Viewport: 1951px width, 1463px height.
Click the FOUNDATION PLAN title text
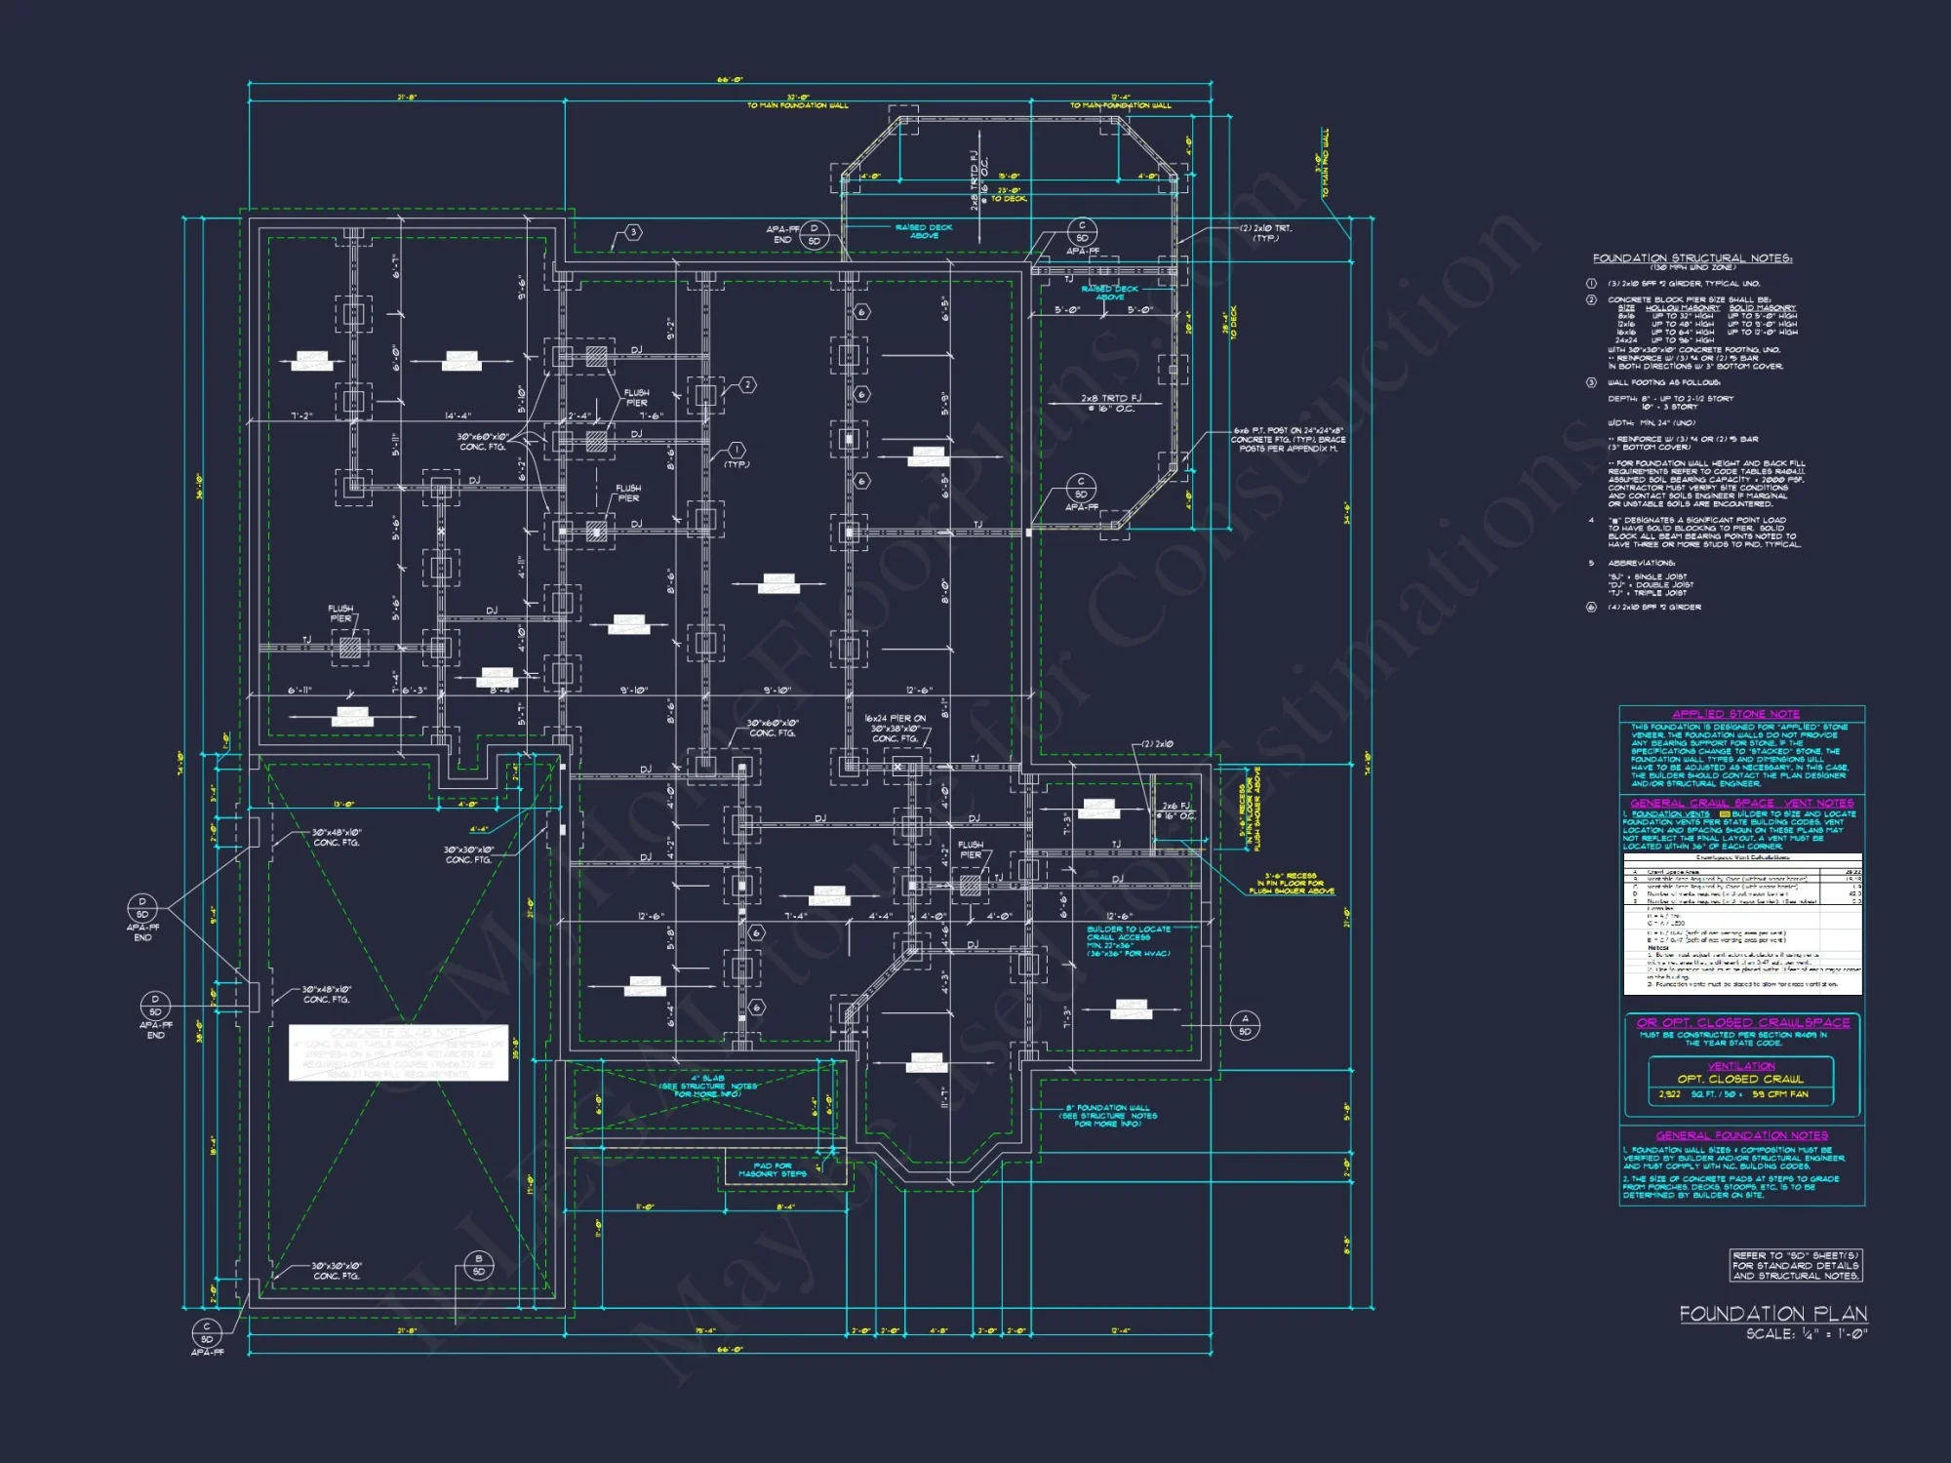(1772, 1314)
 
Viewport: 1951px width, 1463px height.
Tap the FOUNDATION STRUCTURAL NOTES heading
(1692, 258)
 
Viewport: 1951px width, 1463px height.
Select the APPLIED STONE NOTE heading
(1735, 714)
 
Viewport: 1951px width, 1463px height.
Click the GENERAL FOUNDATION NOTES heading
(1741, 1135)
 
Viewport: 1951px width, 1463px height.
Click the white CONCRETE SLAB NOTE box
(398, 1052)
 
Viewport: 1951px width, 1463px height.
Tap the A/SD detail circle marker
(1244, 1024)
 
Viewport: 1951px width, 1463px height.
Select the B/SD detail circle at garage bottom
(478, 1265)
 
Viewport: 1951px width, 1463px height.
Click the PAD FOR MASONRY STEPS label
(773, 1169)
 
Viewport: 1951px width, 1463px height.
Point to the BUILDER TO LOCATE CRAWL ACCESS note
(1129, 941)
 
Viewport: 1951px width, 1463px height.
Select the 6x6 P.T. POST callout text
(1288, 439)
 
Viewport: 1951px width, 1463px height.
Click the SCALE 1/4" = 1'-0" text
(1806, 1334)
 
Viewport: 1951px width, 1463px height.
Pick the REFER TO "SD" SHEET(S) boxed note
(1795, 1265)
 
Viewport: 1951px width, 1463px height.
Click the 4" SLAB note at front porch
(708, 1086)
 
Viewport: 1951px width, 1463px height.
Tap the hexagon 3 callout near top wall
(633, 232)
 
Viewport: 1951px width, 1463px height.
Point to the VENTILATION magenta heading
(1741, 1066)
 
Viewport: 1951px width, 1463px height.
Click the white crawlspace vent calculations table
(1742, 924)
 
